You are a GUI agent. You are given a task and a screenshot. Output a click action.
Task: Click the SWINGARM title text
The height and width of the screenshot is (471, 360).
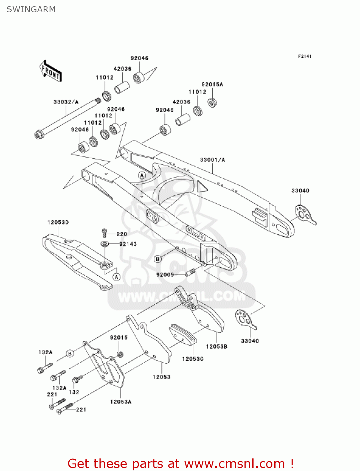click(x=31, y=9)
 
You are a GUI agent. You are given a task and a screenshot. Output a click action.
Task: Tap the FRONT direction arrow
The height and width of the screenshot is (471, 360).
click(x=50, y=71)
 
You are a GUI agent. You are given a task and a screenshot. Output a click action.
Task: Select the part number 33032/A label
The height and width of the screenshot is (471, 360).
click(x=66, y=102)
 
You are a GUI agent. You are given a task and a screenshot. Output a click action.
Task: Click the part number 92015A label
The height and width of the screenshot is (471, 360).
click(x=212, y=84)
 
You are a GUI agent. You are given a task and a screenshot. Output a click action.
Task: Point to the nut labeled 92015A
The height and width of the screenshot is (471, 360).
click(x=212, y=102)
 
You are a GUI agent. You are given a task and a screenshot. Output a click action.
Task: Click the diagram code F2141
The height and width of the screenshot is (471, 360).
click(x=304, y=56)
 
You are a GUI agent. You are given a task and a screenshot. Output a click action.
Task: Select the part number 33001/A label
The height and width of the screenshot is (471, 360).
click(x=212, y=160)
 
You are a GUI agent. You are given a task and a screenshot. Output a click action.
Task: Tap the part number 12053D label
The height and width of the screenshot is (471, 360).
click(x=58, y=222)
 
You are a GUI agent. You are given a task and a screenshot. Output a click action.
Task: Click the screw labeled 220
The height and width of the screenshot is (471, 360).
click(x=105, y=233)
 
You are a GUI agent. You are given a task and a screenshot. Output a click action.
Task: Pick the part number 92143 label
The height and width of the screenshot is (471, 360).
click(x=128, y=244)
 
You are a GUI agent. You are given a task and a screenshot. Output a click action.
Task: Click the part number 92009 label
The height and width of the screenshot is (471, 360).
click(x=165, y=275)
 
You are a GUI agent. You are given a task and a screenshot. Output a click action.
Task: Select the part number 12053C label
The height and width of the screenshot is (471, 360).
click(x=193, y=359)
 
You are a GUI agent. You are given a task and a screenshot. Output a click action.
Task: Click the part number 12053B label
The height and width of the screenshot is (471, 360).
click(x=217, y=347)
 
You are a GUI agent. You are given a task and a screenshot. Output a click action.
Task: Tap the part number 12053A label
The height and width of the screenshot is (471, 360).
click(x=121, y=402)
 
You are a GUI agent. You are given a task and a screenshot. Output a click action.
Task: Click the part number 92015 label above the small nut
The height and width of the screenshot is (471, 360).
click(x=119, y=338)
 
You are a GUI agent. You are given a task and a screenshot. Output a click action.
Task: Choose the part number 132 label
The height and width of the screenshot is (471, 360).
click(x=74, y=392)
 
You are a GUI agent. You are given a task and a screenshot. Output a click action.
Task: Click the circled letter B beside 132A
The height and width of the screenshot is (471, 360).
click(x=70, y=354)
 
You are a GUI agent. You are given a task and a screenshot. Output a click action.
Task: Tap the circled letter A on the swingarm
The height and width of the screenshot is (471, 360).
click(x=142, y=175)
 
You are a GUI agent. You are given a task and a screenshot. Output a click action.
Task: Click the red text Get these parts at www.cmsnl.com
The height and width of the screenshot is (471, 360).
click(x=180, y=463)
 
